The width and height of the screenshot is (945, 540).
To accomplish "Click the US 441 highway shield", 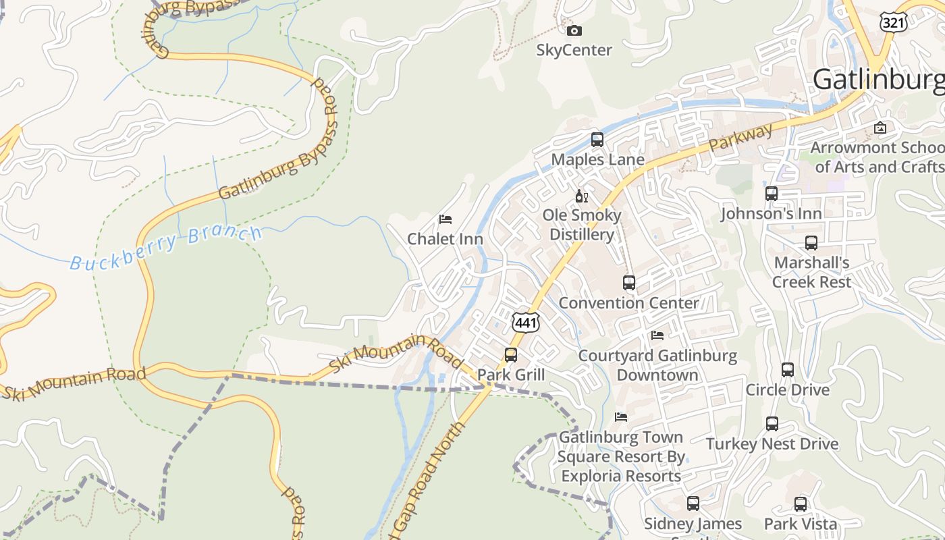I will (525, 323).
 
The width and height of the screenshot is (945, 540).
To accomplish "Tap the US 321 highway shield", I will (893, 22).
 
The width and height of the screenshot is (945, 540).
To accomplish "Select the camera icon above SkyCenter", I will (574, 30).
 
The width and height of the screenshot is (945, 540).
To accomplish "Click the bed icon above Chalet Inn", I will (445, 219).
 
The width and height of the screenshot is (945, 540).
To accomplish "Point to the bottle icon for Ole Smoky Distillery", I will (580, 196).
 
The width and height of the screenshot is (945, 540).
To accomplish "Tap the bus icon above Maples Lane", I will (597, 140).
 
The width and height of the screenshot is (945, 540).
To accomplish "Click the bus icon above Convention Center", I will (629, 283).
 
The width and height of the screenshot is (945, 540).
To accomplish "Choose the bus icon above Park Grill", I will (511, 355).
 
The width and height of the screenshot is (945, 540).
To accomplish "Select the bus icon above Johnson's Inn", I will (772, 194).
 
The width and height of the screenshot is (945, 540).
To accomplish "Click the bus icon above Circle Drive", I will (788, 370).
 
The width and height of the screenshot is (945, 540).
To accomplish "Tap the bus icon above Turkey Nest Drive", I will (772, 424).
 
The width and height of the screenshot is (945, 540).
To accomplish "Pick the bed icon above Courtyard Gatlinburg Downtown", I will (657, 335).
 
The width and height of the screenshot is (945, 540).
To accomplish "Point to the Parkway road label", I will (740, 138).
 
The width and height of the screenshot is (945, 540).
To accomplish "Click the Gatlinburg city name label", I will (878, 80).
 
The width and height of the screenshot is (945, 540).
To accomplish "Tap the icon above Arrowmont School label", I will (880, 128).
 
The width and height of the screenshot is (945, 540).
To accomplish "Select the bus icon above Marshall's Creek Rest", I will (811, 243).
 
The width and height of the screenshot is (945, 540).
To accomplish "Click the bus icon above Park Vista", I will (801, 504).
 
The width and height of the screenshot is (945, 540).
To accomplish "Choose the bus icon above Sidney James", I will (693, 504).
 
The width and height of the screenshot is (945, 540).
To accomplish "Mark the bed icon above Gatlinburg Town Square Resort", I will (621, 417).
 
